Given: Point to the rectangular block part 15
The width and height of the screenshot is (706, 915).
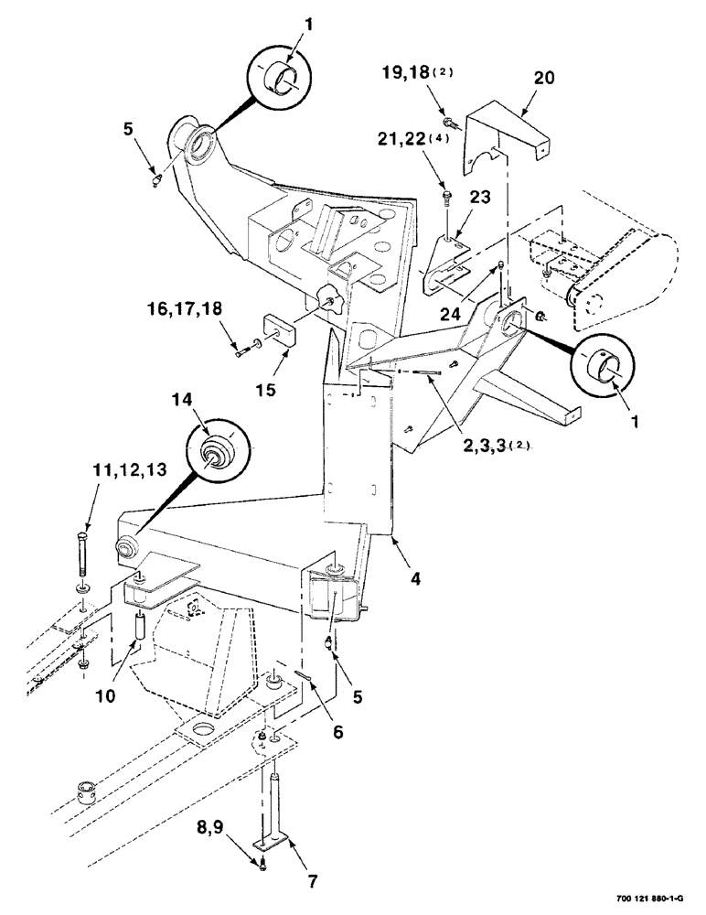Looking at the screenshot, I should click(x=276, y=328).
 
